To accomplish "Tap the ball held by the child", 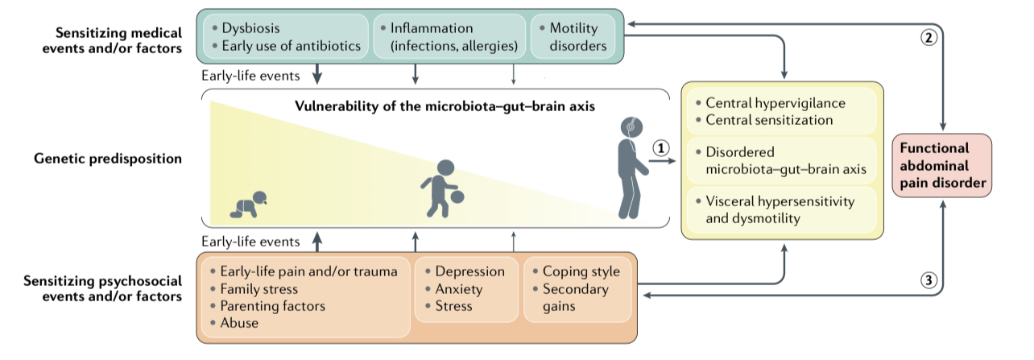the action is point(457,197).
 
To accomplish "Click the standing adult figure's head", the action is point(631,127).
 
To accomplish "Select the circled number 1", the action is point(661,148).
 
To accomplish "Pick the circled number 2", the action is point(929,37).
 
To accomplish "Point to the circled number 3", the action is point(929,279).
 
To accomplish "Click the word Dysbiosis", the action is point(250,28).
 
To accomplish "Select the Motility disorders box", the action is point(573,36).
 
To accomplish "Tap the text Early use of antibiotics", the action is point(291,46).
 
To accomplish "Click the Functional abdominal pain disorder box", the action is point(942,165).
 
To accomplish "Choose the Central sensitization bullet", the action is point(764,120).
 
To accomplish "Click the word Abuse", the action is point(239,323).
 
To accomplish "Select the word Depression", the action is point(470,271).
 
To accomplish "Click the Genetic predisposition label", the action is point(108,159).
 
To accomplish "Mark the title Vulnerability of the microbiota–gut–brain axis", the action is point(445,106).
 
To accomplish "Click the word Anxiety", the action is point(459,289).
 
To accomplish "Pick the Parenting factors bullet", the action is point(267,306).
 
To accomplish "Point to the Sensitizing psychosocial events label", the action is point(102,288).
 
